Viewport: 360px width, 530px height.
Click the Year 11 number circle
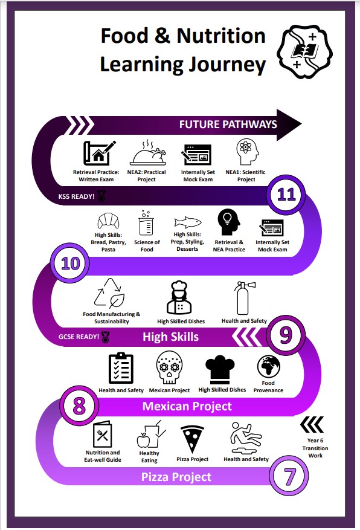point(286,195)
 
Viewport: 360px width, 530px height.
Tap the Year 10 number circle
point(70,263)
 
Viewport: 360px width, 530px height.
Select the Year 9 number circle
point(286,335)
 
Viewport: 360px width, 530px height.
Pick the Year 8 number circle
point(79,406)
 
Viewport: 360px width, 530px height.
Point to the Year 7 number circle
point(289,476)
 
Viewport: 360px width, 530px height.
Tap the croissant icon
point(108,221)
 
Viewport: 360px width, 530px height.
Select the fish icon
point(187,222)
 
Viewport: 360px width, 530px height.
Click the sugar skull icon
point(169,367)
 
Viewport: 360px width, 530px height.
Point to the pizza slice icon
point(192,439)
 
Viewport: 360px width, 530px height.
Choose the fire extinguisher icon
point(244,298)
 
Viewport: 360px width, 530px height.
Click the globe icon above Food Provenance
point(268,366)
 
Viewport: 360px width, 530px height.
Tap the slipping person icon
point(246,438)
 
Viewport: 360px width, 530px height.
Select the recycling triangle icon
point(109,293)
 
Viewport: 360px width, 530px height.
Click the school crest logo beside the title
point(304,52)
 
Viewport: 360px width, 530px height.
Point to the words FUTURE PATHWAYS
point(228,124)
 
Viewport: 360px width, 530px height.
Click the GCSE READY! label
point(79,337)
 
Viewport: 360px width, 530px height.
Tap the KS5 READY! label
point(76,196)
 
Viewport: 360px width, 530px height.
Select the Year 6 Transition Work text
point(315,448)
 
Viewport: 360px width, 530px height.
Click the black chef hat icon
point(220,370)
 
